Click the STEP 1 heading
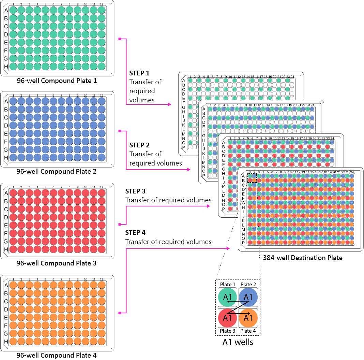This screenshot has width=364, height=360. (x=139, y=73)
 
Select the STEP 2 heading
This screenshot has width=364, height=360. (x=139, y=145)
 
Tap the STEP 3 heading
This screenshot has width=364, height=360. (x=135, y=191)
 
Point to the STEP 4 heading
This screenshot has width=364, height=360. (x=135, y=233)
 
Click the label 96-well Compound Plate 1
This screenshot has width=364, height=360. (x=57, y=81)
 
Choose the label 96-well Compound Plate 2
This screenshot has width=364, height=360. (x=57, y=172)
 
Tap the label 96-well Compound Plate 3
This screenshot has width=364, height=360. (x=57, y=263)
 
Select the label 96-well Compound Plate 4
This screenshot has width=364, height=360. (x=57, y=355)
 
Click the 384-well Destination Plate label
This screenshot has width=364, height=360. (x=303, y=258)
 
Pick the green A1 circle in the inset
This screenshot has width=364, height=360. (x=228, y=297)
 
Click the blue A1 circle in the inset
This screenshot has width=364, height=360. (x=248, y=297)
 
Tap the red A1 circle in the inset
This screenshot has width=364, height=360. (x=228, y=318)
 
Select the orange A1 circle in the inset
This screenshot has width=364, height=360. (x=248, y=318)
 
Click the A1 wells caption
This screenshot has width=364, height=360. (x=238, y=342)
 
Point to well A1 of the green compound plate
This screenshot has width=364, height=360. (x=13, y=10)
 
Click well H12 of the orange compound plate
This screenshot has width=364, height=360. (x=102, y=342)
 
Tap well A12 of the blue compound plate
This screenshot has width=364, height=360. (x=102, y=101)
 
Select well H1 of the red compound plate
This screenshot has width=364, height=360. (x=13, y=249)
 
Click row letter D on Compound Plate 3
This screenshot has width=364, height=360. (x=6, y=217)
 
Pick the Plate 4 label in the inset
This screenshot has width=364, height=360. (x=248, y=331)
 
